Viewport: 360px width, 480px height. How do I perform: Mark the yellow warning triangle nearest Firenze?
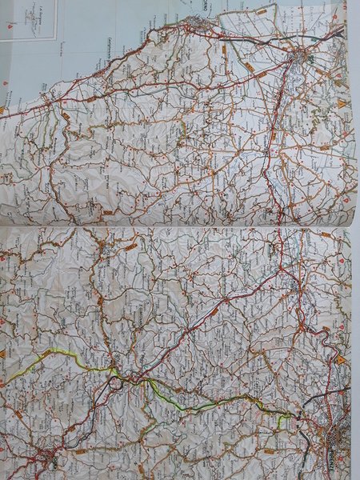341,361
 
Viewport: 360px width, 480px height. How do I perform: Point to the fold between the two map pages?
180,226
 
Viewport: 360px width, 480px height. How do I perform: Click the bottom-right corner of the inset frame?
55,39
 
